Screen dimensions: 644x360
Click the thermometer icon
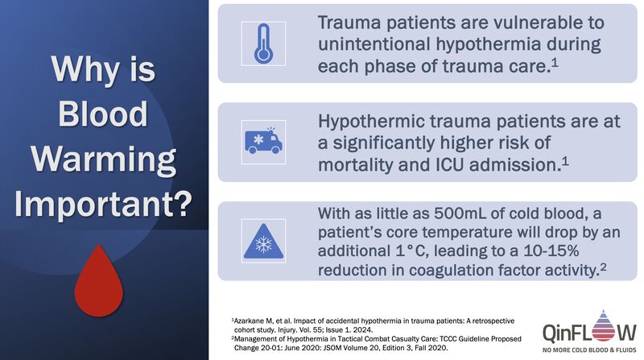coord(263,43)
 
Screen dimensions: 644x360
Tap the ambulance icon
coord(263,141)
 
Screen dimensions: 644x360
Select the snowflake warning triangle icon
coord(264,242)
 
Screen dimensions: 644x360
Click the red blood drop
coord(98,281)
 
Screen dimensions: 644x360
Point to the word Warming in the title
coord(104,159)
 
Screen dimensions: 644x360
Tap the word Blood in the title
coord(103,114)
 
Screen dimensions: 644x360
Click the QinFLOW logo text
coord(589,332)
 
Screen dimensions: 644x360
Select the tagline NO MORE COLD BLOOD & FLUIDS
coord(589,350)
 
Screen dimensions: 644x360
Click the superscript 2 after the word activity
coord(603,267)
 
